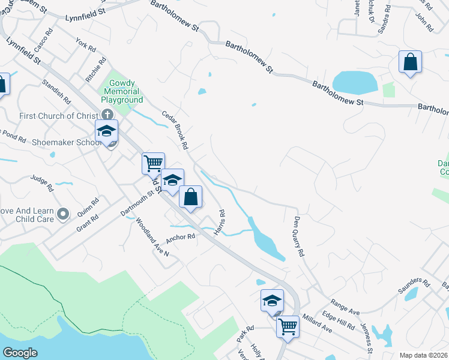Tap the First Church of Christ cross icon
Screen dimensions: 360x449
[107, 115]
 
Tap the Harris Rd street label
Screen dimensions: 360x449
[221, 221]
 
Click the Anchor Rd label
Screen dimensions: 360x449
[183, 236]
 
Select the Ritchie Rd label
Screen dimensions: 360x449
[96, 70]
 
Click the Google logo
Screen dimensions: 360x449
[20, 353]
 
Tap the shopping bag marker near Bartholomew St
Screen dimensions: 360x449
[410, 62]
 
